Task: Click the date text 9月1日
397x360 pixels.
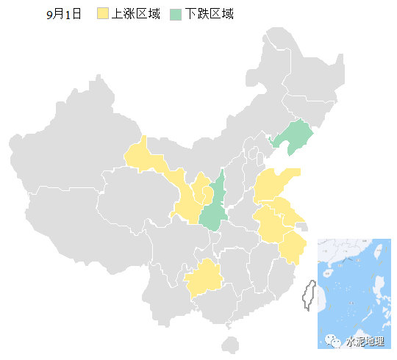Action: tap(62, 14)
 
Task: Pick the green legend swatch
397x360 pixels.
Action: tap(176, 14)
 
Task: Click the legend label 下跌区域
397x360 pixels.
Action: tap(210, 14)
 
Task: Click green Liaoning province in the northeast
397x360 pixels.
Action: tap(296, 137)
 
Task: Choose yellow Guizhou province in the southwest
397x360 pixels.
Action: tap(203, 278)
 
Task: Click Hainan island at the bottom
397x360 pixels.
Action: tap(230, 345)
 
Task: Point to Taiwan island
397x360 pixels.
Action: tap(310, 294)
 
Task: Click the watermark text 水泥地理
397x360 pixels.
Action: tap(365, 342)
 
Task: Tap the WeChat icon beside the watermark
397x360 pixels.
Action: tap(335, 342)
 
